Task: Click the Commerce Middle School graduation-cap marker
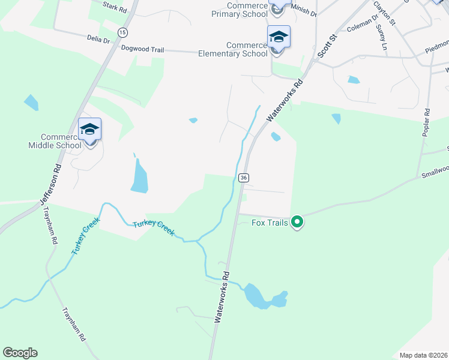pos(90,130)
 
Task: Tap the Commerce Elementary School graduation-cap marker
pos(279,37)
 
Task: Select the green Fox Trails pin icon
pos(297,223)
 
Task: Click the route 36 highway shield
pos(243,178)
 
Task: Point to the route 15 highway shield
pos(122,32)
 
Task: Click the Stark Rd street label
pos(115,8)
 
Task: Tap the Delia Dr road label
pos(98,41)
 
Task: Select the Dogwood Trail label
pos(142,47)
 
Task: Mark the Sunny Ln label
pos(382,37)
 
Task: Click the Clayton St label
pos(385,13)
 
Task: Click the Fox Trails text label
pos(269,223)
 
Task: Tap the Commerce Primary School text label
pos(240,11)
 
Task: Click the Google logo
pos(20,353)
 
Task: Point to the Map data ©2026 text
pos(423,355)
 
